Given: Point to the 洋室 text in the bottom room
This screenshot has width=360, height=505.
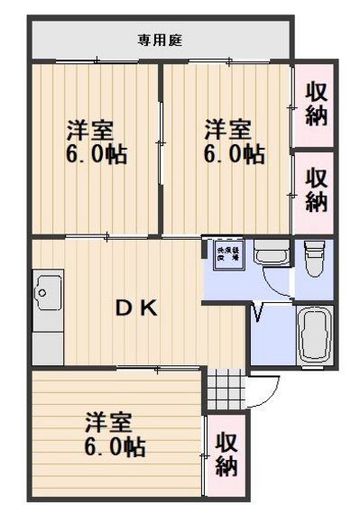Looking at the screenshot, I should tap(109, 422).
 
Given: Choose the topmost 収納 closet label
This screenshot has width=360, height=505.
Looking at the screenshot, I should tap(315, 104).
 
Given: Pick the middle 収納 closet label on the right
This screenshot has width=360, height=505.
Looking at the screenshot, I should tap(315, 188).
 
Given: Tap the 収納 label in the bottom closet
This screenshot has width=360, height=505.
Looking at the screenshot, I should tap(226, 454).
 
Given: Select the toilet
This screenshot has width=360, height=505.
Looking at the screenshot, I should tap(313, 259).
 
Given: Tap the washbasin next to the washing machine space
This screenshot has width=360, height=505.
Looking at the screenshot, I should tap(269, 253).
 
